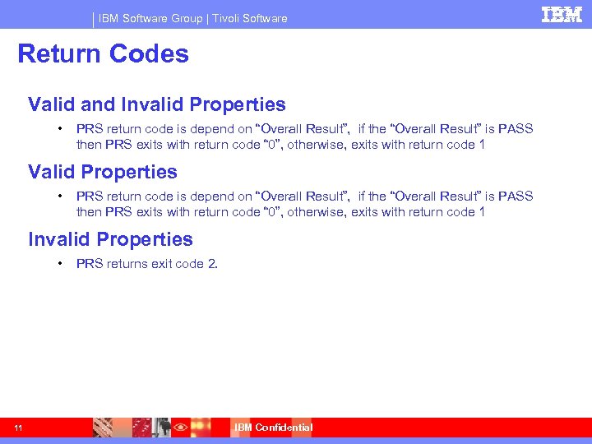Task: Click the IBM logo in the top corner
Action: point(562,14)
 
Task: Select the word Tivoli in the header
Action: point(230,18)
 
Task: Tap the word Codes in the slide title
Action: point(150,54)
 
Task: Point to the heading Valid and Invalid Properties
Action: point(156,104)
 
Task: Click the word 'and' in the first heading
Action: point(99,104)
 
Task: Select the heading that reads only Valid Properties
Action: point(102,172)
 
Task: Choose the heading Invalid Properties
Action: point(110,239)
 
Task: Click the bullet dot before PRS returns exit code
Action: point(60,264)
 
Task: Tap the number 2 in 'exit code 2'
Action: point(212,264)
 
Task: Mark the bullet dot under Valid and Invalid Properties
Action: point(60,129)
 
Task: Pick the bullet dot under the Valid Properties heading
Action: point(60,197)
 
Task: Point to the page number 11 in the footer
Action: point(18,428)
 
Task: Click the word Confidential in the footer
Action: point(284,428)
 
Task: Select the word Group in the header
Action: point(186,18)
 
